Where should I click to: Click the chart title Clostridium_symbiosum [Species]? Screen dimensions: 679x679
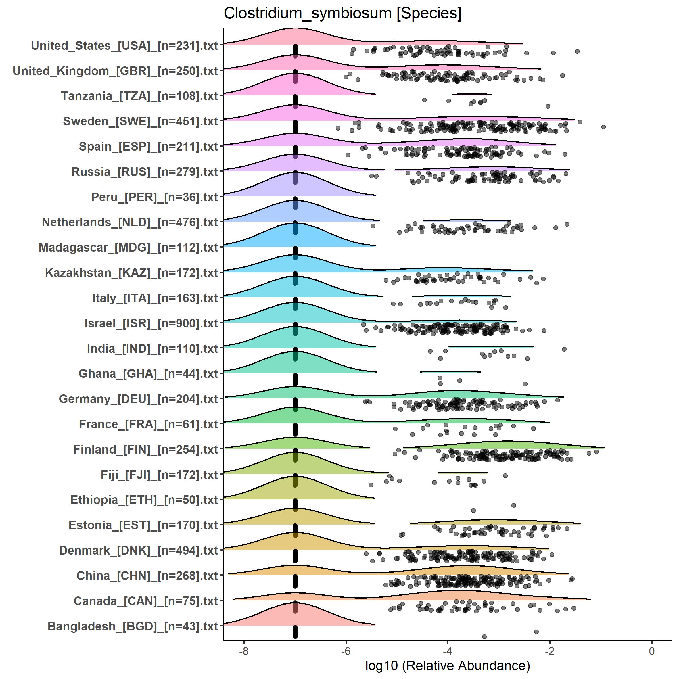342,13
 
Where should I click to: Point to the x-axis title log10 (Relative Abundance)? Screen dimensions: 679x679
447,665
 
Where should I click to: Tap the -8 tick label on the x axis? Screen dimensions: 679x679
244,651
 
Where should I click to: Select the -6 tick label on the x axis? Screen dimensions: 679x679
346,651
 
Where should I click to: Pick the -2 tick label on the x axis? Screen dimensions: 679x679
550,651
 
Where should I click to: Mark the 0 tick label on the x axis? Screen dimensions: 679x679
652,651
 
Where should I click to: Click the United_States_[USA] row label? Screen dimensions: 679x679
124,46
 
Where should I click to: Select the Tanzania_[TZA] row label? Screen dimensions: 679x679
139,96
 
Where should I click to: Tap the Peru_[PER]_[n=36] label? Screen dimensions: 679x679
155,197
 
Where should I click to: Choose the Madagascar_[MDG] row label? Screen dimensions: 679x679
128,248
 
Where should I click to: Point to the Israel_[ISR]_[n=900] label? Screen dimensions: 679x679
151,323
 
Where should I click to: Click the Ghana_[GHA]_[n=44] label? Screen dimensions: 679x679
148,374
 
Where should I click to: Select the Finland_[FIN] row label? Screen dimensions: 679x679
145,450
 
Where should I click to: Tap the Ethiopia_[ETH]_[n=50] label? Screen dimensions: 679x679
144,500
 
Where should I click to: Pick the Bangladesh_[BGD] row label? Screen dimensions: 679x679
133,626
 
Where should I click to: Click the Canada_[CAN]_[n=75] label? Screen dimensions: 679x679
146,601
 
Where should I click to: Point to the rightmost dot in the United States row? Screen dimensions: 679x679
577,51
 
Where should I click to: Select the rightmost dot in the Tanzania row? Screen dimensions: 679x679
548,106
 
